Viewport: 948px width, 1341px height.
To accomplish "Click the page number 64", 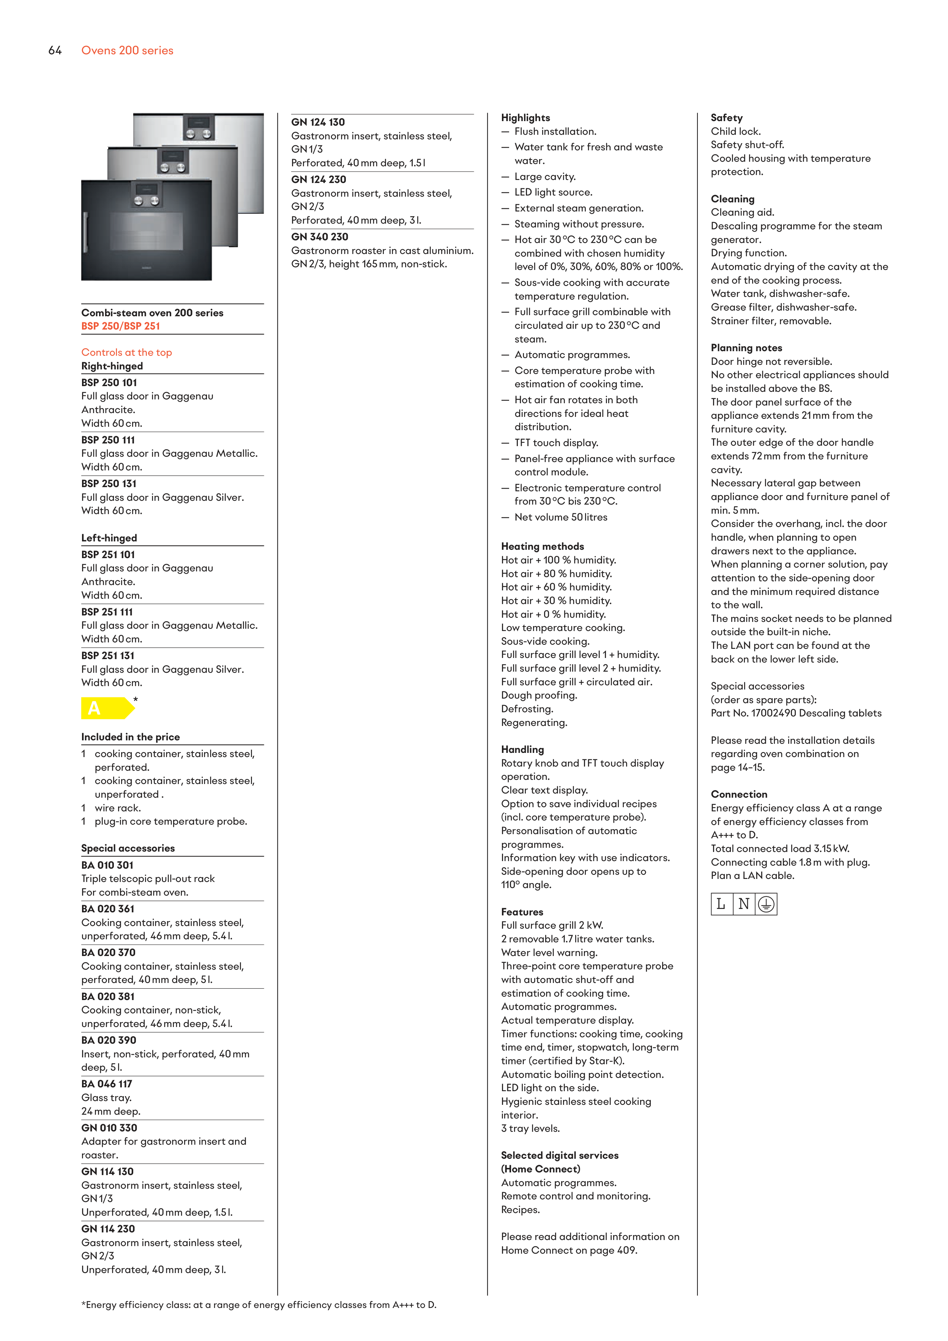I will pos(55,50).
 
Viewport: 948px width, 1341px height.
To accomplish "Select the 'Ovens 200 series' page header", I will pos(127,50).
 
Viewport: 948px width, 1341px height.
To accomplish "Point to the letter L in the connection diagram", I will pos(721,904).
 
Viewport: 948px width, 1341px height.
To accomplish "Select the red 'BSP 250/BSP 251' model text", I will pos(120,326).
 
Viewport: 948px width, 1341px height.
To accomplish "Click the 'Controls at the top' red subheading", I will pos(126,352).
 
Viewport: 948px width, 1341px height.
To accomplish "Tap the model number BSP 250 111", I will pos(108,440).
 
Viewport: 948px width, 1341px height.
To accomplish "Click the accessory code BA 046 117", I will pos(107,1084).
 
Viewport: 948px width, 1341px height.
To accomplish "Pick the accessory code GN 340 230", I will pos(320,237).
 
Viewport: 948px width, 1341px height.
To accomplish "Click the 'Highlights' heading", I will pos(525,117).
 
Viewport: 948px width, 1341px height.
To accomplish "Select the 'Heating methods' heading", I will pos(542,546).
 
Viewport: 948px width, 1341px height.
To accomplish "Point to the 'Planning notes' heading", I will pos(746,347).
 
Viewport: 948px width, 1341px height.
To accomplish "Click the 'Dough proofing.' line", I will pos(539,695).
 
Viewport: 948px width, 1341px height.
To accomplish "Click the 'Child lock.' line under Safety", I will pos(735,131).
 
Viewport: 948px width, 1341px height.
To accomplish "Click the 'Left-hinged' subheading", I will pos(109,538).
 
